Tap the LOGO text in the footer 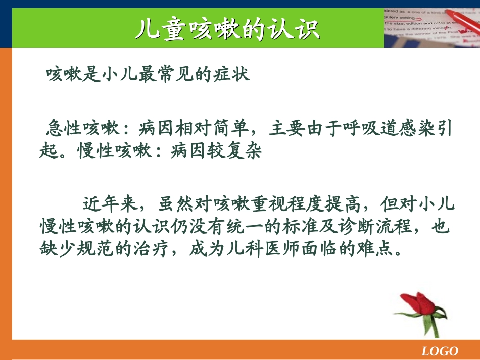[x=440, y=351]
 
